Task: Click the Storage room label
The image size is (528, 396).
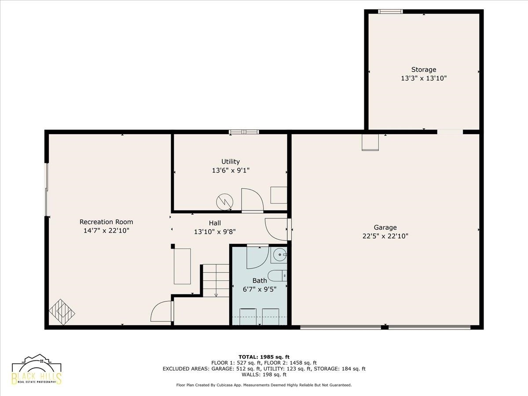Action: (424, 70)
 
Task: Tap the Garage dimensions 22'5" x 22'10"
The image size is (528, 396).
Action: (385, 236)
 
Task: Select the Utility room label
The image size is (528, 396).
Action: (231, 161)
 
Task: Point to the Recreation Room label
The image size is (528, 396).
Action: (106, 222)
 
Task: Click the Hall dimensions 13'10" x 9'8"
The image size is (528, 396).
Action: (215, 232)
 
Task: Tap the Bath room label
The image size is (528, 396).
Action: (260, 281)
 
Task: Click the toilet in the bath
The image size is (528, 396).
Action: (277, 276)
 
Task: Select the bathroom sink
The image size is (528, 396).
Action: (279, 255)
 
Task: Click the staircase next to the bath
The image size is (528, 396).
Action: (216, 281)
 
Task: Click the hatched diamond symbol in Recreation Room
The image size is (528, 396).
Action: (62, 312)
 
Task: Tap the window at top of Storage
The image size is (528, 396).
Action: (390, 11)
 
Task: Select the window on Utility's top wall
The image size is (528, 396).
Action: (244, 132)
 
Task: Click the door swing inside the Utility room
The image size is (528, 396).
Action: (252, 200)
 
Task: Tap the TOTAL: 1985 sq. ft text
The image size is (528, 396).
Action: (264, 357)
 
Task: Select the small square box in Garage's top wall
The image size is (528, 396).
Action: (370, 143)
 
